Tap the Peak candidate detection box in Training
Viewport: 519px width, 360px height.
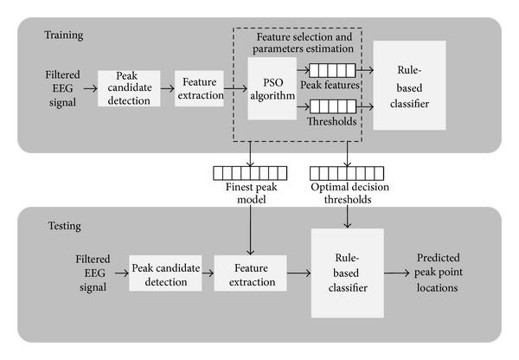(x=130, y=87)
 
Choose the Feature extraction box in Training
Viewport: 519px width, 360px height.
(x=198, y=87)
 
